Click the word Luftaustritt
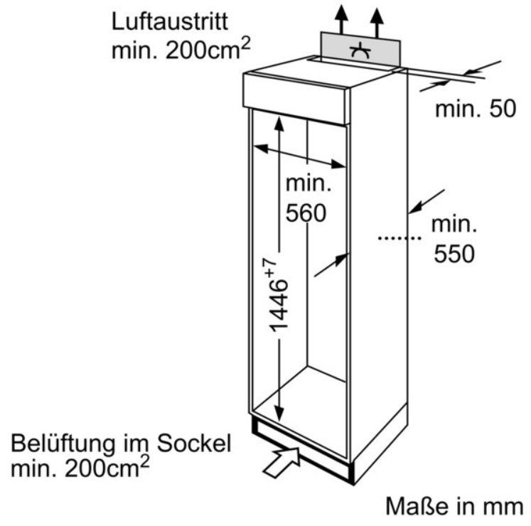click(170, 22)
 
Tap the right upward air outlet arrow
click(377, 21)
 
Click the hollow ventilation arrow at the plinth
click(281, 462)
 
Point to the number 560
click(306, 213)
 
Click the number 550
click(454, 254)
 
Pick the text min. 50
click(476, 109)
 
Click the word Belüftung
click(63, 444)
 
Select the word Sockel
click(194, 443)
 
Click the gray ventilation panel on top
click(360, 50)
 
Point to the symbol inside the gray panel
click(360, 51)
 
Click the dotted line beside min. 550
click(399, 238)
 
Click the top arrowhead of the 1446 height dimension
click(279, 124)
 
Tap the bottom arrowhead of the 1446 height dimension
click(279, 413)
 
